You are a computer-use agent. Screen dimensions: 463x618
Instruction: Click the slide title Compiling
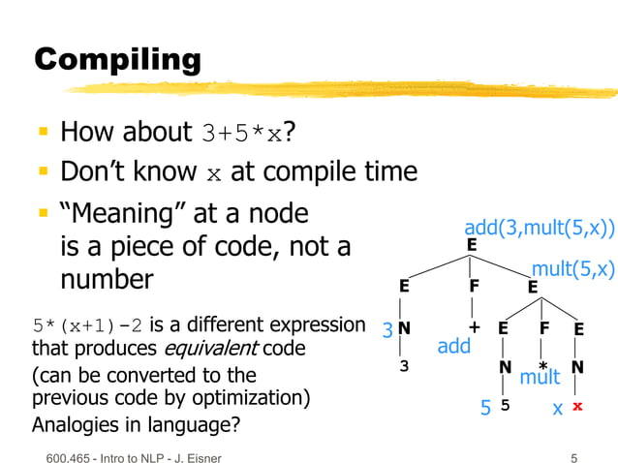tap(117, 60)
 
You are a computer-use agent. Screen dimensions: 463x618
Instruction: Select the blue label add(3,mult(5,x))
tap(540, 229)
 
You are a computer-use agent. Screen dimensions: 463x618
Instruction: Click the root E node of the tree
tap(472, 245)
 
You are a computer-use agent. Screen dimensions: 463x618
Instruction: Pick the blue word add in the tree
tap(453, 345)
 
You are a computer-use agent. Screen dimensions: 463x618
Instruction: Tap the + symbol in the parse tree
tap(475, 327)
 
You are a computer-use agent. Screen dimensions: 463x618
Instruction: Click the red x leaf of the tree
tap(577, 407)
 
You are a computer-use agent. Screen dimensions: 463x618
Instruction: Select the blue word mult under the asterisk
tap(541, 377)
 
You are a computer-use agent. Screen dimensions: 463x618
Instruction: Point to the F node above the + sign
tap(475, 287)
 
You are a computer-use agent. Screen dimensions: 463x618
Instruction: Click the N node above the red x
tap(577, 367)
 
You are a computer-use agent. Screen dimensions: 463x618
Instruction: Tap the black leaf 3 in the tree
tap(405, 367)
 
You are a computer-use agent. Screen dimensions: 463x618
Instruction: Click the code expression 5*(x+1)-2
tap(88, 324)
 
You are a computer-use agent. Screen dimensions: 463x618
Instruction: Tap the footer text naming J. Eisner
tap(131, 456)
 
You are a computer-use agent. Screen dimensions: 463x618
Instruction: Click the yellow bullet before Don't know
tap(45, 172)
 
